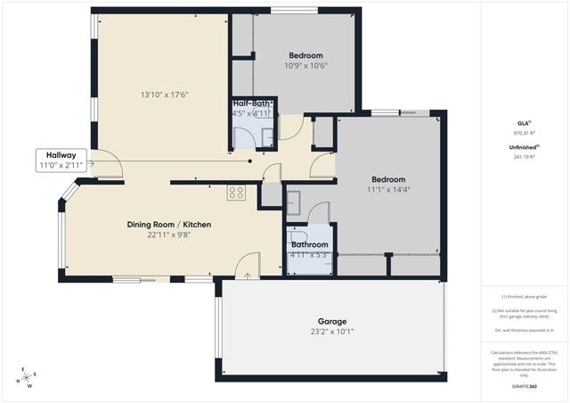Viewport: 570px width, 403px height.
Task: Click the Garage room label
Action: click(x=332, y=321)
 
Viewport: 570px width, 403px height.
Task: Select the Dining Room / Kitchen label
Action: click(x=168, y=225)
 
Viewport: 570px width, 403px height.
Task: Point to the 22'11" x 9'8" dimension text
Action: click(x=168, y=235)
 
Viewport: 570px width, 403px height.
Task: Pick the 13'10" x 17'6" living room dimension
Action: click(x=164, y=95)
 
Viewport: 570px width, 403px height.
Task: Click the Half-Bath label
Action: click(x=253, y=103)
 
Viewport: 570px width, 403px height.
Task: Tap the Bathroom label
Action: click(x=309, y=244)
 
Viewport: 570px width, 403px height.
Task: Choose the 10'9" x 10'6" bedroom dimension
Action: click(x=306, y=65)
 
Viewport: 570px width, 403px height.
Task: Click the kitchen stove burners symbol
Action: click(x=237, y=192)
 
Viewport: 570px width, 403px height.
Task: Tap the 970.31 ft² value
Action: click(x=524, y=133)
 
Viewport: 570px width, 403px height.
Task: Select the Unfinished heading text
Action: click(x=524, y=148)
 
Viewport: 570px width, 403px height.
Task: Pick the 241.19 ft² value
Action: click(x=524, y=158)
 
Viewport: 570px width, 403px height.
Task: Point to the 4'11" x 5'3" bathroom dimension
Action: click(x=309, y=256)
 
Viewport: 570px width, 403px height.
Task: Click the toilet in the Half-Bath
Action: click(x=240, y=137)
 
